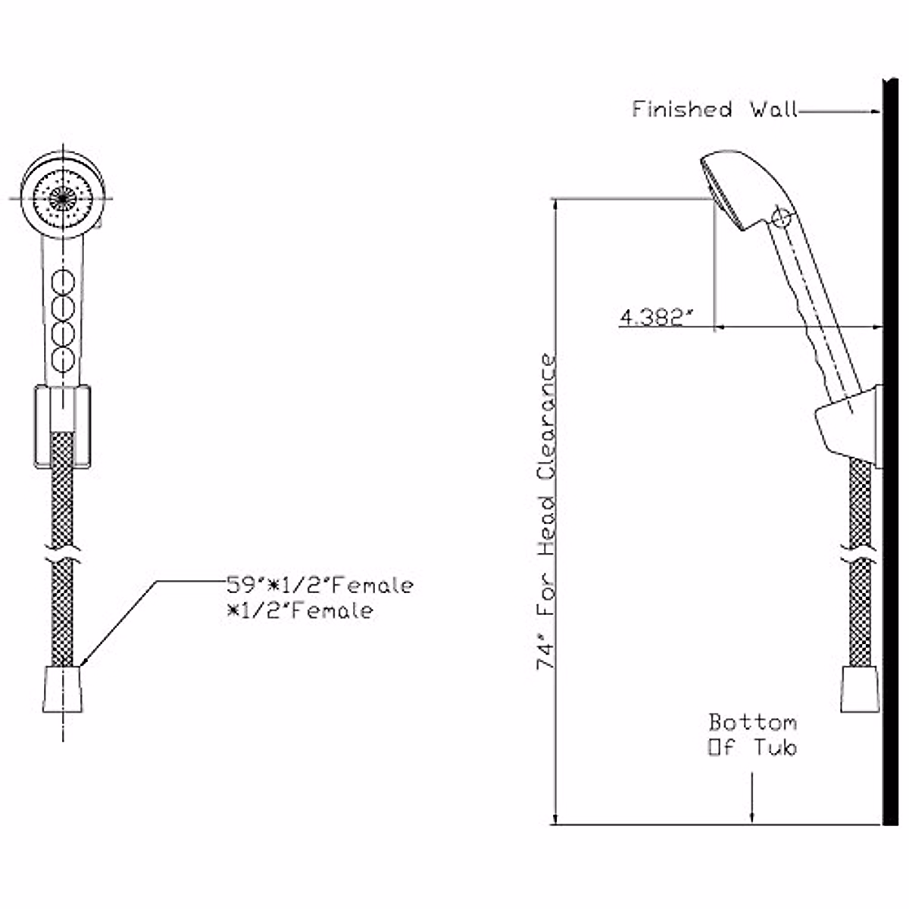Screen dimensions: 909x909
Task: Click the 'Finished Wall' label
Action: pyautogui.click(x=714, y=110)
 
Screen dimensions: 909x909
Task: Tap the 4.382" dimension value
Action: pyautogui.click(x=657, y=317)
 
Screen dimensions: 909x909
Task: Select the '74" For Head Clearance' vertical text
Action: pyautogui.click(x=548, y=512)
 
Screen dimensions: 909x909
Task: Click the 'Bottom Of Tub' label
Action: pyautogui.click(x=752, y=735)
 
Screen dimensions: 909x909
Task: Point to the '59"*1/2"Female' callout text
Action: pyautogui.click(x=320, y=586)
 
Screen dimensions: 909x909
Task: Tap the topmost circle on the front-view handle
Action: pyautogui.click(x=62, y=286)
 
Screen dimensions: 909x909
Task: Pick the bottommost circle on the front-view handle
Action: pyautogui.click(x=62, y=358)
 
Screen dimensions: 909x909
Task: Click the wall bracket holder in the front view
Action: pyautogui.click(x=62, y=426)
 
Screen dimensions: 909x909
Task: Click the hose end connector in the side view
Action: pyautogui.click(x=861, y=689)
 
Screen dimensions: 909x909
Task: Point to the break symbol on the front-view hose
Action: pyautogui.click(x=62, y=554)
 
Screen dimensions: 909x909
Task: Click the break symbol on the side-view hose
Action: pyautogui.click(x=861, y=559)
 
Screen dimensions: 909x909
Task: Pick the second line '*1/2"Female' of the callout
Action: pyautogui.click(x=301, y=611)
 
